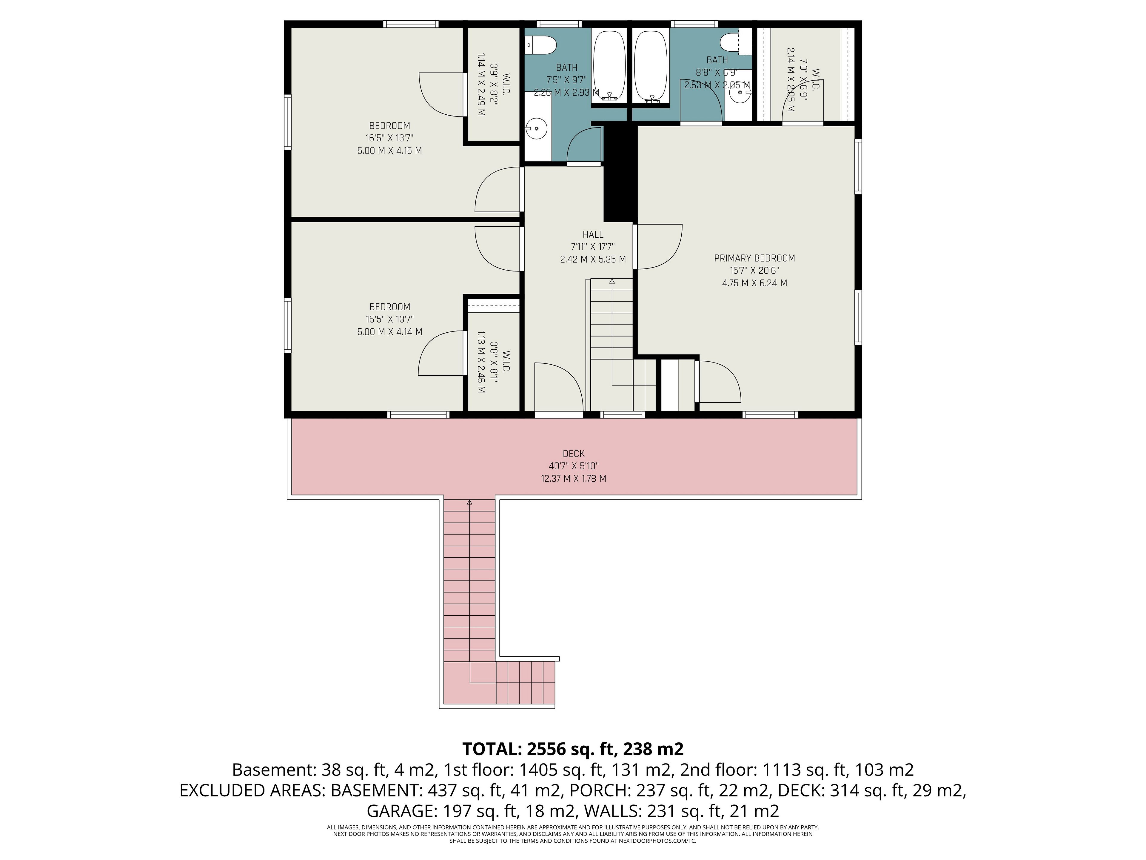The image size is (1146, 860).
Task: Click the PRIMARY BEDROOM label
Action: [x=754, y=258]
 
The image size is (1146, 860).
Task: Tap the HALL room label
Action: [x=593, y=234]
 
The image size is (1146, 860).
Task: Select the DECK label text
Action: [x=574, y=454]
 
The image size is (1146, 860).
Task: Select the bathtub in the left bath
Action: [x=610, y=66]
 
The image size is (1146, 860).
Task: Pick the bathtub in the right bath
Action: [x=651, y=66]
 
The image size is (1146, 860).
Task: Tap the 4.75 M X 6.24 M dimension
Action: [x=754, y=283]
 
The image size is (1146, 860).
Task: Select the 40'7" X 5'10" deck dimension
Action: [x=574, y=466]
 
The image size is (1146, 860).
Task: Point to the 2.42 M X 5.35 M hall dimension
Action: [x=593, y=259]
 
